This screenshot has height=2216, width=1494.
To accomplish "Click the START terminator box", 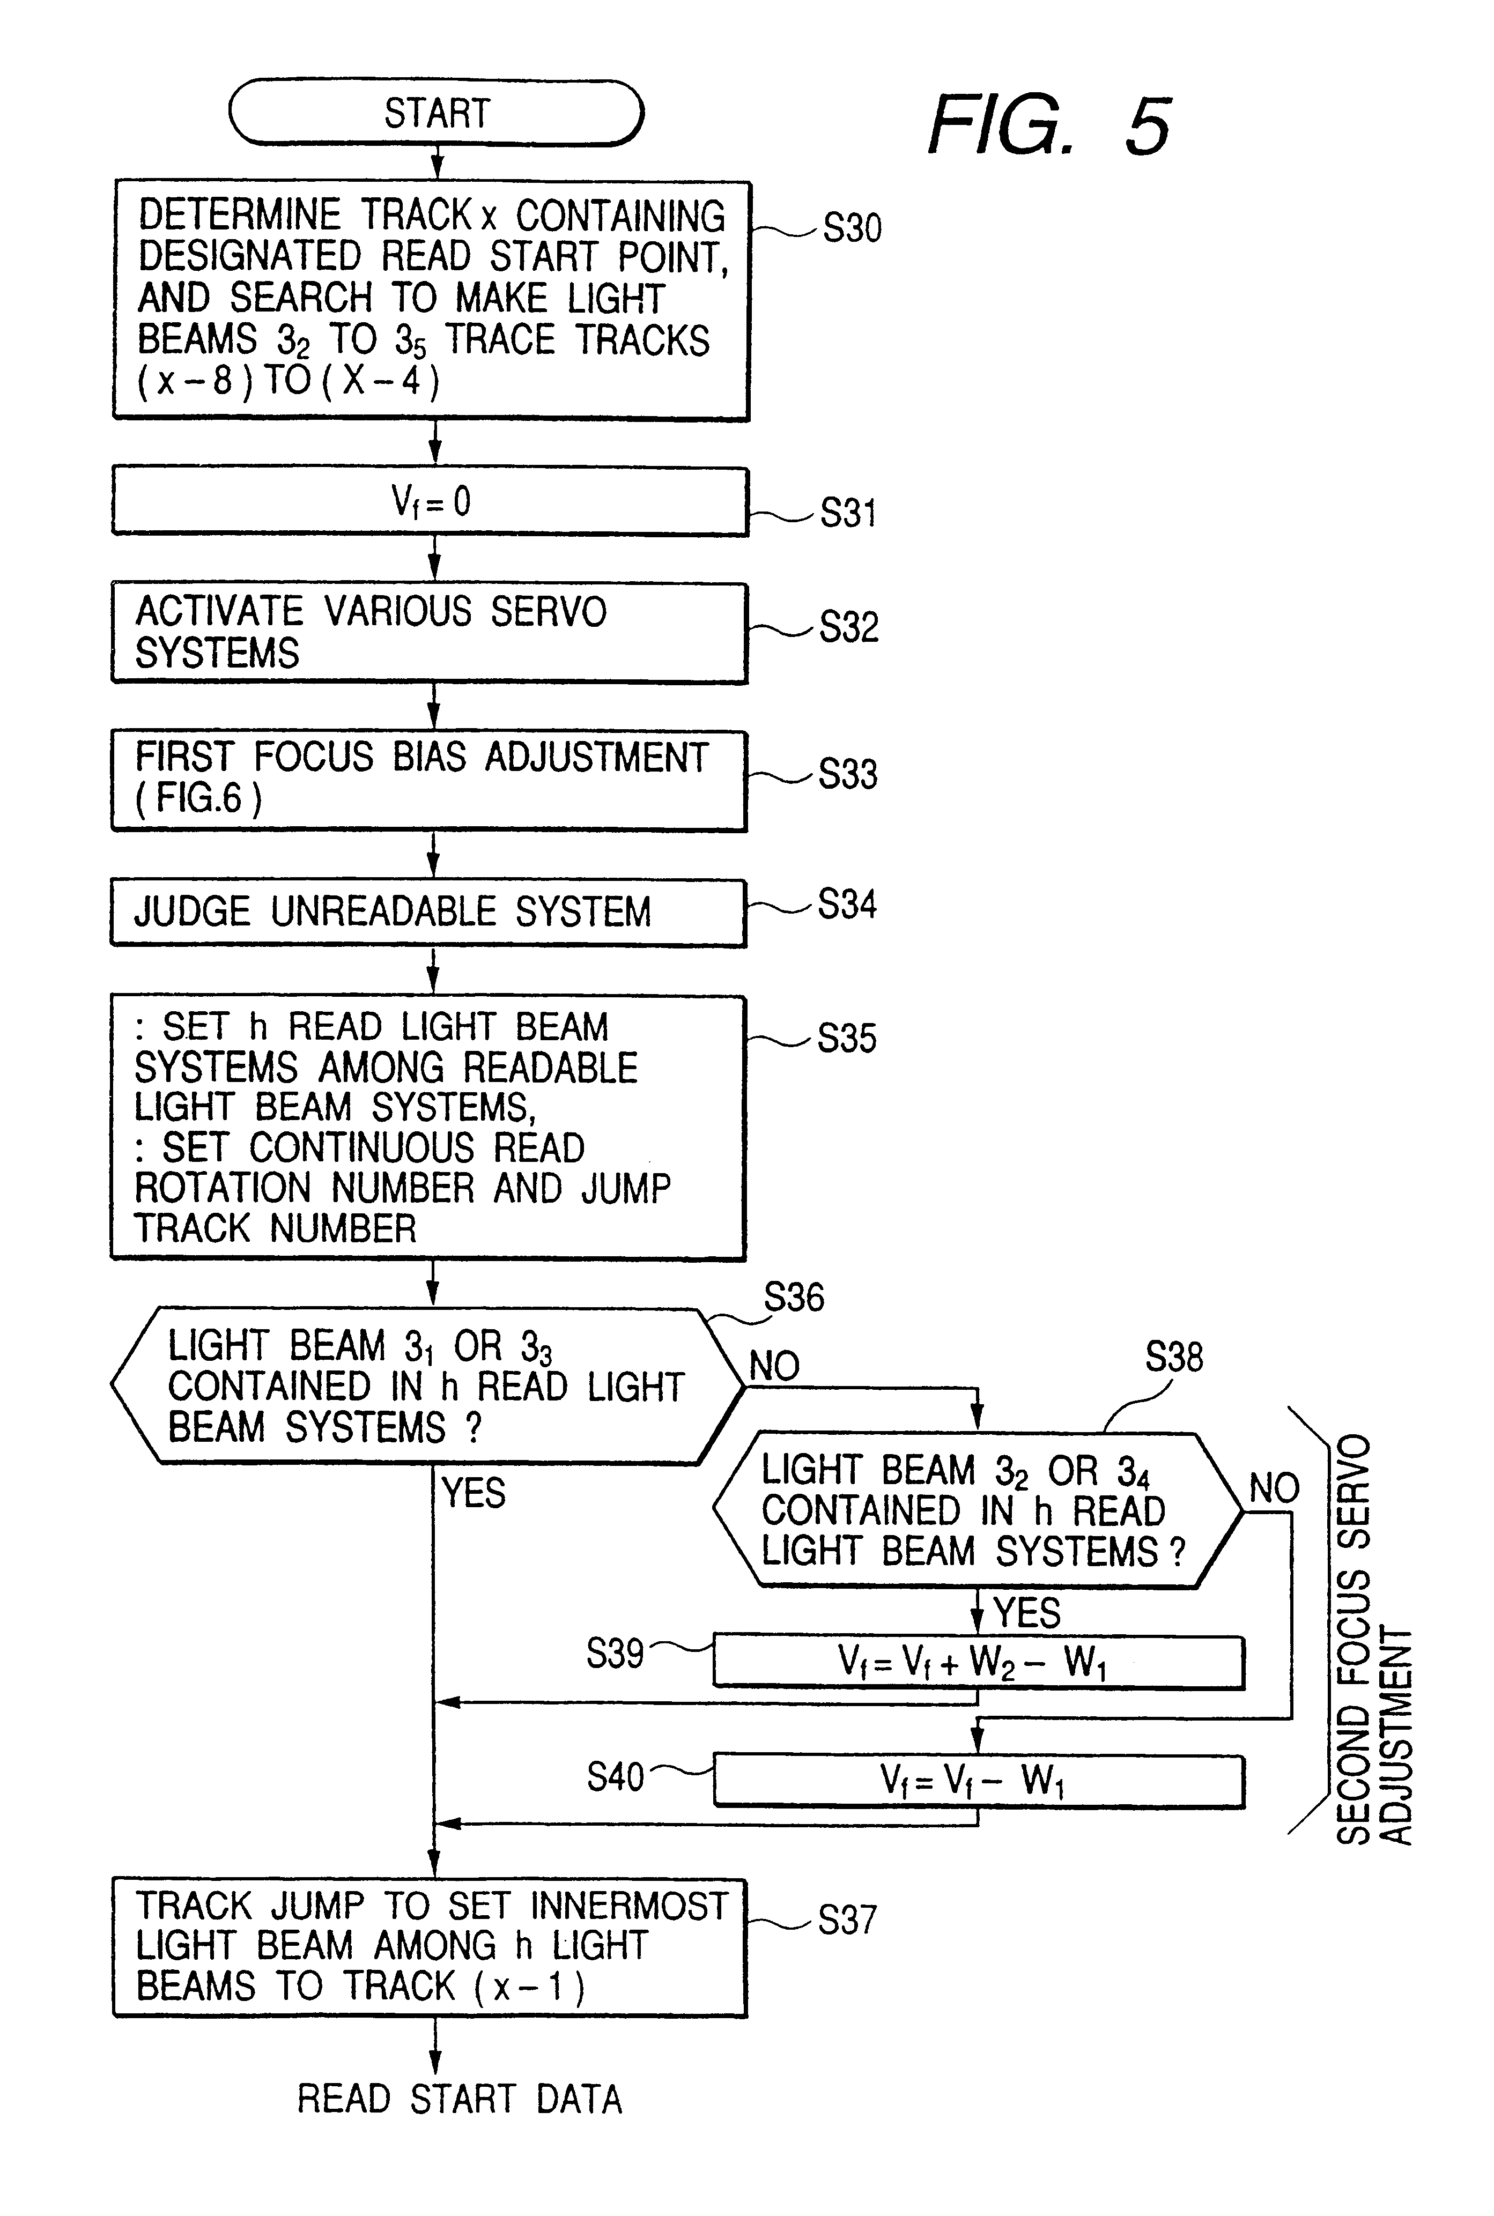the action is (437, 113).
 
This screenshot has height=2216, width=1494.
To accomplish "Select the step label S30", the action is (852, 228).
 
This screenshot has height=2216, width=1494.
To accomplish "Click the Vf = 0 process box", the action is (431, 501).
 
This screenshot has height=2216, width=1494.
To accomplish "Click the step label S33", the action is (848, 775).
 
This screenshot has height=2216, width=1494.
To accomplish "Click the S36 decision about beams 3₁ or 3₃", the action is (427, 1386).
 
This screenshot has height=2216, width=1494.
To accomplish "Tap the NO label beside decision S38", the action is (1274, 1487).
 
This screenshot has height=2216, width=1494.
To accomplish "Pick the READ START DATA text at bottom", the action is (459, 2099).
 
